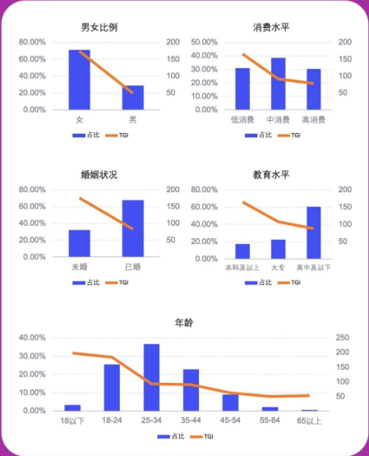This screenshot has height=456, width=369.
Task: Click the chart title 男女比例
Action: tap(99, 27)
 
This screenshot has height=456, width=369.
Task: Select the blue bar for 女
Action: tap(79, 80)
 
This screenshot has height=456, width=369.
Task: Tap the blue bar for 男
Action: tap(133, 97)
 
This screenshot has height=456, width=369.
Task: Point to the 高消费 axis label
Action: tap(313, 120)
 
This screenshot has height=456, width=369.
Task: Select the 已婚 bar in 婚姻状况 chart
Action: tap(133, 228)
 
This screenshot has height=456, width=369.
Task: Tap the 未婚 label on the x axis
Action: tap(79, 267)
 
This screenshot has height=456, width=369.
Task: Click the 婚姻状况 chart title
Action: tap(99, 174)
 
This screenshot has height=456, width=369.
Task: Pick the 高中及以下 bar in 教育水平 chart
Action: tap(313, 232)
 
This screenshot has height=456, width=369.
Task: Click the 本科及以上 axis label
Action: tap(242, 267)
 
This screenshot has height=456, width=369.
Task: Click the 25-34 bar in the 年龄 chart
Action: tap(151, 377)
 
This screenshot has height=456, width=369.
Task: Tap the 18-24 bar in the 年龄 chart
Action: tap(112, 387)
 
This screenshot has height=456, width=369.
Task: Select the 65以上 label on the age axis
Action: tap(309, 421)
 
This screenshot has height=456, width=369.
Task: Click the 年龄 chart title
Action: tap(184, 322)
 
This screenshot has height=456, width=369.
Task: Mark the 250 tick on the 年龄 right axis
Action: tap(343, 338)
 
